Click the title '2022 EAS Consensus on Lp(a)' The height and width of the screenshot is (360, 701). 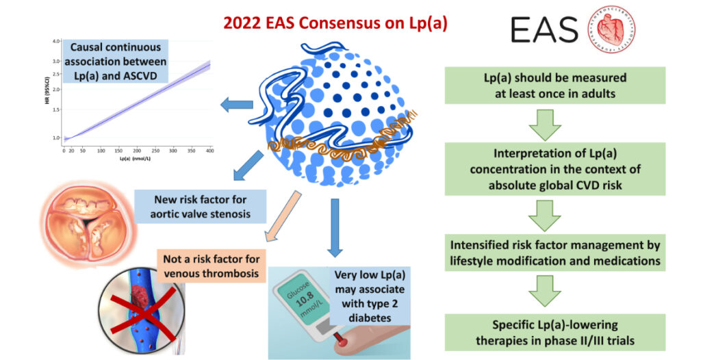[350, 24]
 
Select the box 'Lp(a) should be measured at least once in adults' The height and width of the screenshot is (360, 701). [555, 85]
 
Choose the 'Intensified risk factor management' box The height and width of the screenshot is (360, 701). [555, 251]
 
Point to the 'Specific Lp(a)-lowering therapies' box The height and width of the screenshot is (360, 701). [555, 331]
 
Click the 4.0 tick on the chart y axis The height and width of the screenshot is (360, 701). [57, 42]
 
